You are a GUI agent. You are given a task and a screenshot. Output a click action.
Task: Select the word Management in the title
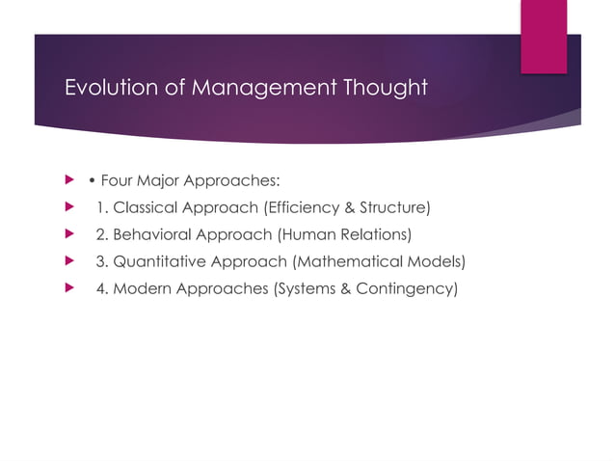[254, 89]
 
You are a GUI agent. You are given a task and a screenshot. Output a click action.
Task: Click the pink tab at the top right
[543, 35]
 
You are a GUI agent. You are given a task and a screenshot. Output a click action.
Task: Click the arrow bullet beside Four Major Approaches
[67, 179]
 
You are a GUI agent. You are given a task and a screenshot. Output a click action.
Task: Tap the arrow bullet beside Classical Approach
[67, 206]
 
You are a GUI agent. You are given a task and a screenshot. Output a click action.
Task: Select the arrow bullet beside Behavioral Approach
[67, 233]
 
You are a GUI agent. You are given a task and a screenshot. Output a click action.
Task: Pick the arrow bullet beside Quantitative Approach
[67, 260]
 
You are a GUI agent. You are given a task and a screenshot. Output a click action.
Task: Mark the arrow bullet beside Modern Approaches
[67, 287]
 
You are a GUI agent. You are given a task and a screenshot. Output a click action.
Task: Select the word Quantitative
[157, 260]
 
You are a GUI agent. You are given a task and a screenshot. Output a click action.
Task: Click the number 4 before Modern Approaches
[100, 287]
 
